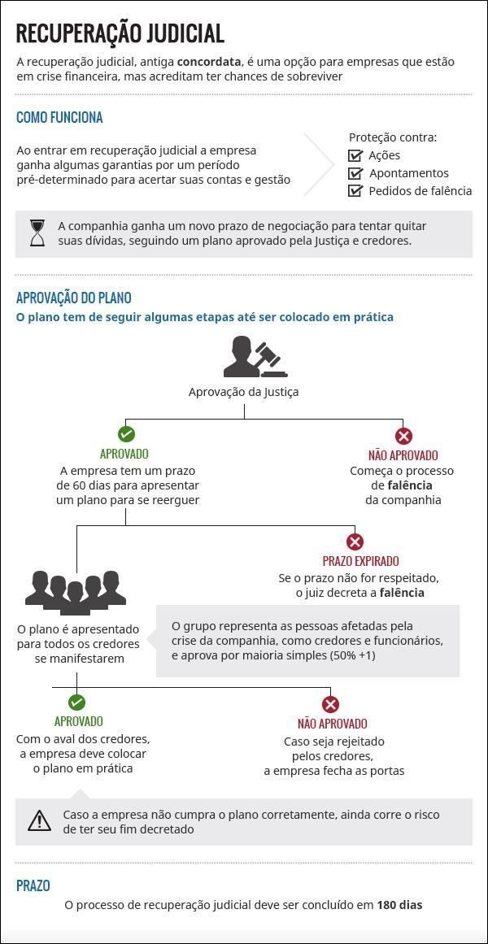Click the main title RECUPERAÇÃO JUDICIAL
120,33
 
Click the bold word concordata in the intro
209,62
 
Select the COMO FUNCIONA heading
59,117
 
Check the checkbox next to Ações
355,155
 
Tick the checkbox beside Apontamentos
355,173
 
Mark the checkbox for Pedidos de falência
355,191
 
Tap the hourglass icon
38,233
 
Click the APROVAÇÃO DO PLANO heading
73,298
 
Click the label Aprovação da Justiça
244,392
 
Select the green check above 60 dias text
126,434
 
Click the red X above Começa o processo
403,435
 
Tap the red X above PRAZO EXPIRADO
355,542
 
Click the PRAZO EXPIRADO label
360,561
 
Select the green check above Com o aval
76,703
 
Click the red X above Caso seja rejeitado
330,704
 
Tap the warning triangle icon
39,821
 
